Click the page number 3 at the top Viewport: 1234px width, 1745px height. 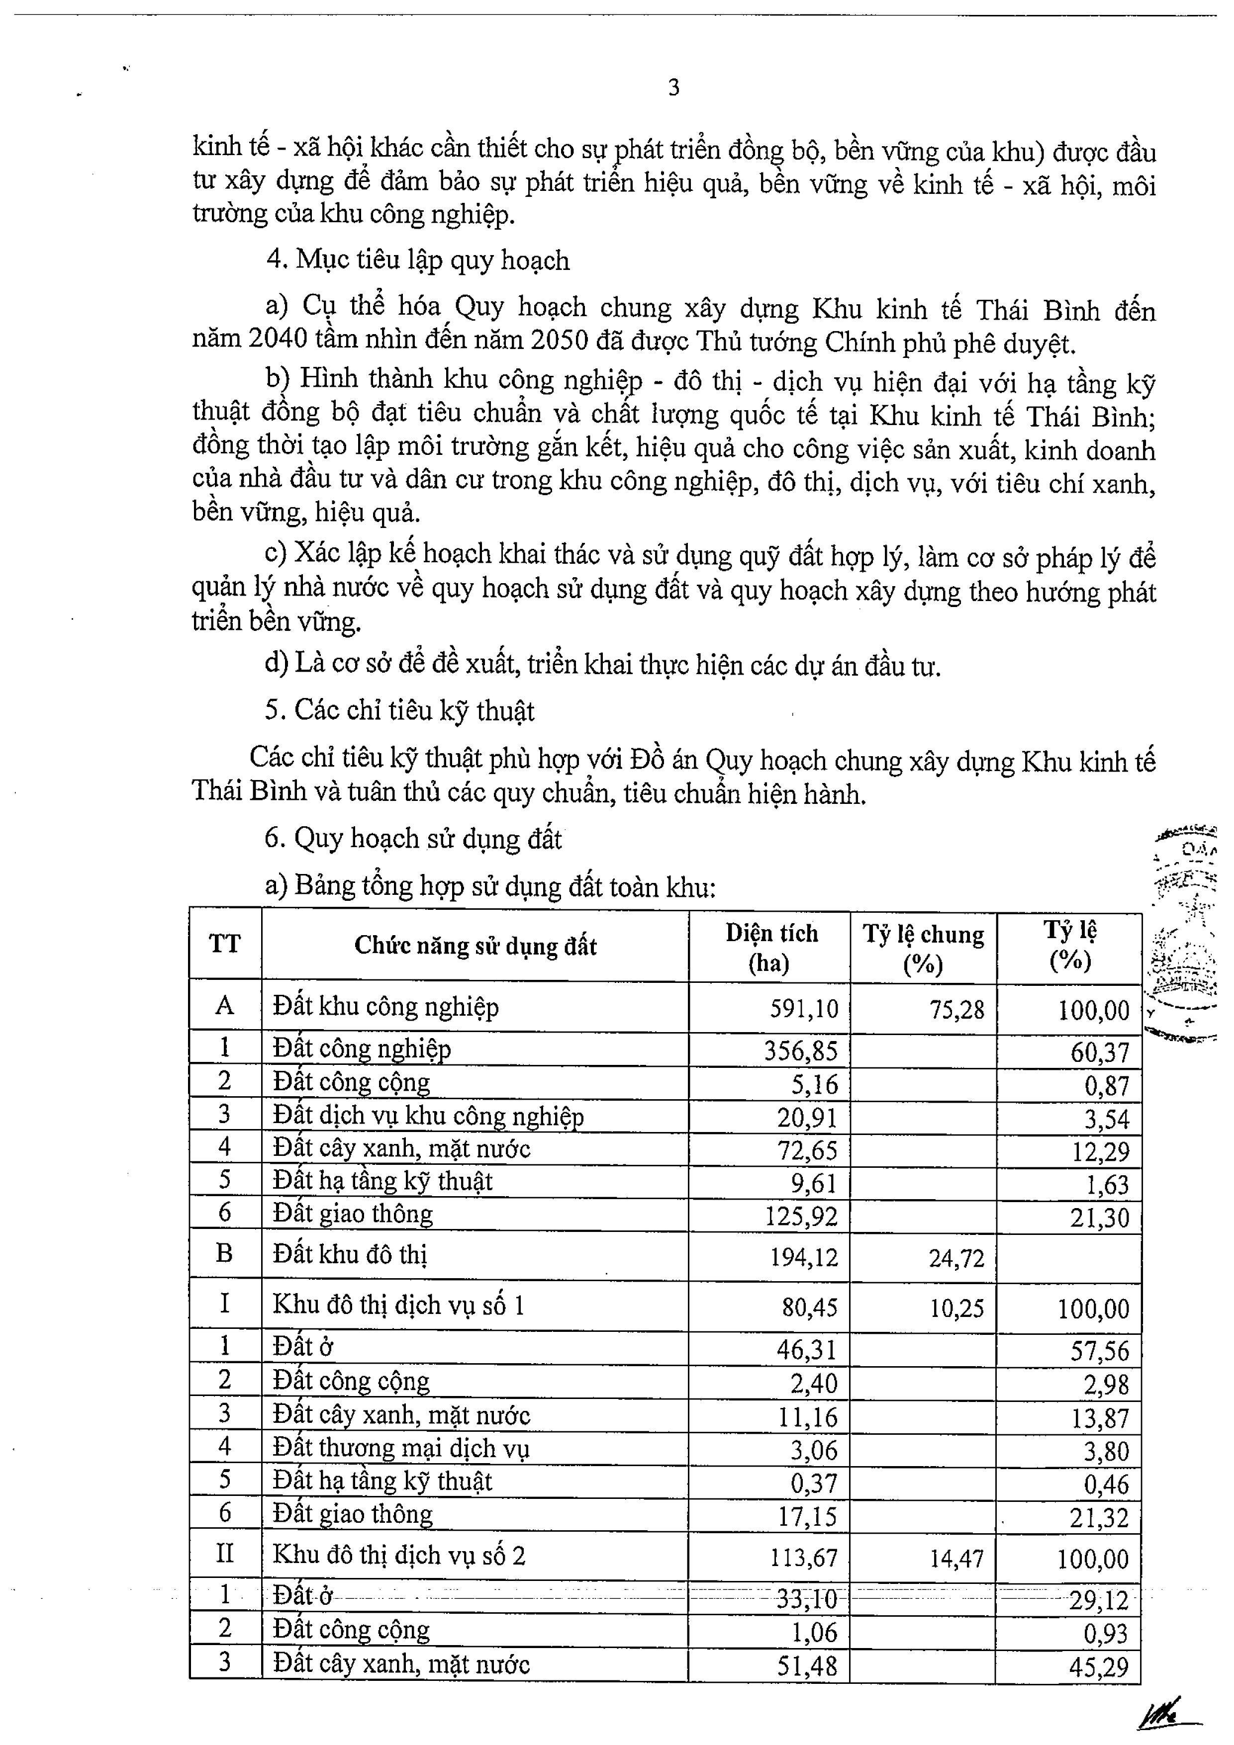point(673,88)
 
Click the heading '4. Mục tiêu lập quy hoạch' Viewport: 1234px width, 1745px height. point(417,260)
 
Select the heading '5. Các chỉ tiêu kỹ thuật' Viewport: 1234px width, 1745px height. point(399,710)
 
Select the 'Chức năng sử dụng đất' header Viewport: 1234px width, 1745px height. point(475,946)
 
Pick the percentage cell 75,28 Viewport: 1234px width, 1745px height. point(956,1009)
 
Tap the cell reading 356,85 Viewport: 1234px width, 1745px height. point(801,1050)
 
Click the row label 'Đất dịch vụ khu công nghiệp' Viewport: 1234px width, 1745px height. point(428,1117)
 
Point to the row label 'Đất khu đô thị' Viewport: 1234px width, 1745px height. point(350,1254)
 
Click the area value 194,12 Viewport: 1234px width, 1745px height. point(804,1257)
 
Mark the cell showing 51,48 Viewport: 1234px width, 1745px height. point(807,1667)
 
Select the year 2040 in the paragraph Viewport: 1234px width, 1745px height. point(278,340)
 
